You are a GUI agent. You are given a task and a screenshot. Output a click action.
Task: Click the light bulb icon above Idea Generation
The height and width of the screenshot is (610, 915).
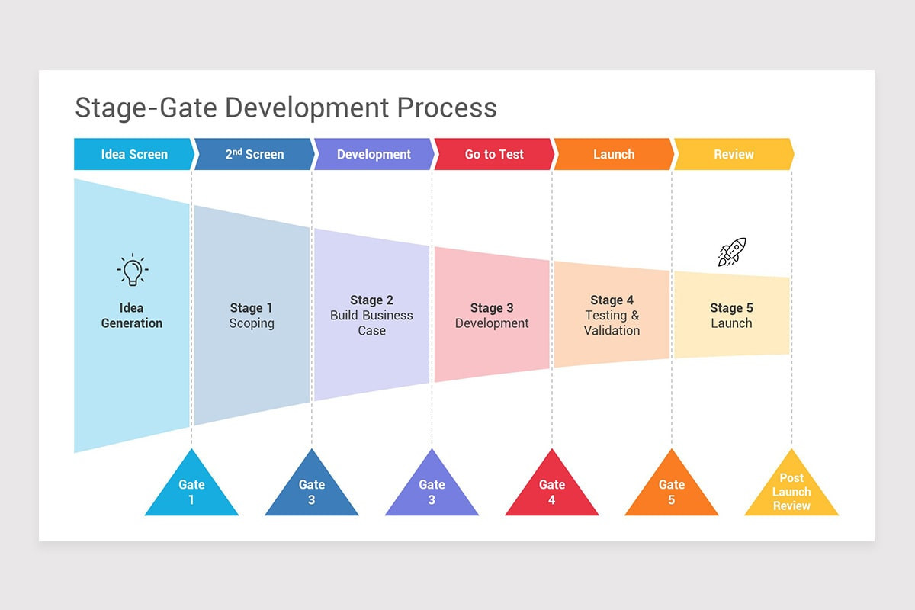(133, 270)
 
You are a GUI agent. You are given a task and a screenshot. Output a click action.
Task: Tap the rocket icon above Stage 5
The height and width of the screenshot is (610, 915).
(732, 252)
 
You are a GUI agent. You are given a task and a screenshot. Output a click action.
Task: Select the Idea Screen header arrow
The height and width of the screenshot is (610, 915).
(134, 154)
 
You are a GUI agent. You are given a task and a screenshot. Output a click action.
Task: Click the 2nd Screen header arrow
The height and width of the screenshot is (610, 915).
(254, 154)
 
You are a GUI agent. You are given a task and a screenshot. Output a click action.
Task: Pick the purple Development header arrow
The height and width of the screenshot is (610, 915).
(374, 154)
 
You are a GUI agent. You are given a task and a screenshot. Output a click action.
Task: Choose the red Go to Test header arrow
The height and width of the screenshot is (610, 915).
(494, 154)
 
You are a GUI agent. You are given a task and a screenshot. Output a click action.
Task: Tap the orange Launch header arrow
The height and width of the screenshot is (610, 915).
(614, 154)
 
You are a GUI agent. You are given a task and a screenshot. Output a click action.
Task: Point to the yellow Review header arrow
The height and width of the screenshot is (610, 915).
(734, 154)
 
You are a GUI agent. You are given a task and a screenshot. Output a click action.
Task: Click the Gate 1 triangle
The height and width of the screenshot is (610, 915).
(191, 492)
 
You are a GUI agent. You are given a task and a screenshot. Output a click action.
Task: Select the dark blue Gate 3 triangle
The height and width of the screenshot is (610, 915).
(312, 492)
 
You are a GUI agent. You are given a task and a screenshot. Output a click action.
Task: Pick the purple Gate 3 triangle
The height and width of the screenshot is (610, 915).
(432, 492)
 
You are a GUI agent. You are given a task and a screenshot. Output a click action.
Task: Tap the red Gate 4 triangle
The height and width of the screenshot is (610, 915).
(552, 492)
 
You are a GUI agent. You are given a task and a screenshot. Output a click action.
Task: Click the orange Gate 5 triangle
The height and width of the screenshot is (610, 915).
(672, 492)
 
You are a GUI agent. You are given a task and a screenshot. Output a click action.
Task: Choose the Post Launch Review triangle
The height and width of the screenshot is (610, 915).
(791, 492)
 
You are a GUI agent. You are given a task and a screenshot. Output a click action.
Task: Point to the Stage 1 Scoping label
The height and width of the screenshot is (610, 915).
(252, 316)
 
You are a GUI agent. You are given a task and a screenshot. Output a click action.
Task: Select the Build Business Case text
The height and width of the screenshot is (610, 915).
(371, 323)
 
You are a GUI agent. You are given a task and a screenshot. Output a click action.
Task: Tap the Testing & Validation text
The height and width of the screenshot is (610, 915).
(612, 323)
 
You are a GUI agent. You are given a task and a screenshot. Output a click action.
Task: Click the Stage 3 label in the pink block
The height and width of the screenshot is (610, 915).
(492, 308)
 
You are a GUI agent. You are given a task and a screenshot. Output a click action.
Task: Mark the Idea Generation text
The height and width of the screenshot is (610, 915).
(132, 316)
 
